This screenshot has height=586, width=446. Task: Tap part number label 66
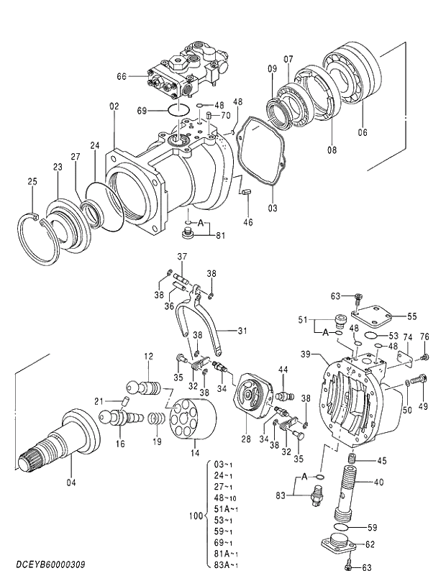click(x=122, y=75)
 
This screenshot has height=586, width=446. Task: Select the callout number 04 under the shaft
click(x=70, y=482)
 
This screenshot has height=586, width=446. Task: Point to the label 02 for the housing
click(x=114, y=106)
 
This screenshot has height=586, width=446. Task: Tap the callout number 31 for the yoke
click(x=242, y=331)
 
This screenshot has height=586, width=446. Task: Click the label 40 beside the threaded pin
click(x=378, y=482)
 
